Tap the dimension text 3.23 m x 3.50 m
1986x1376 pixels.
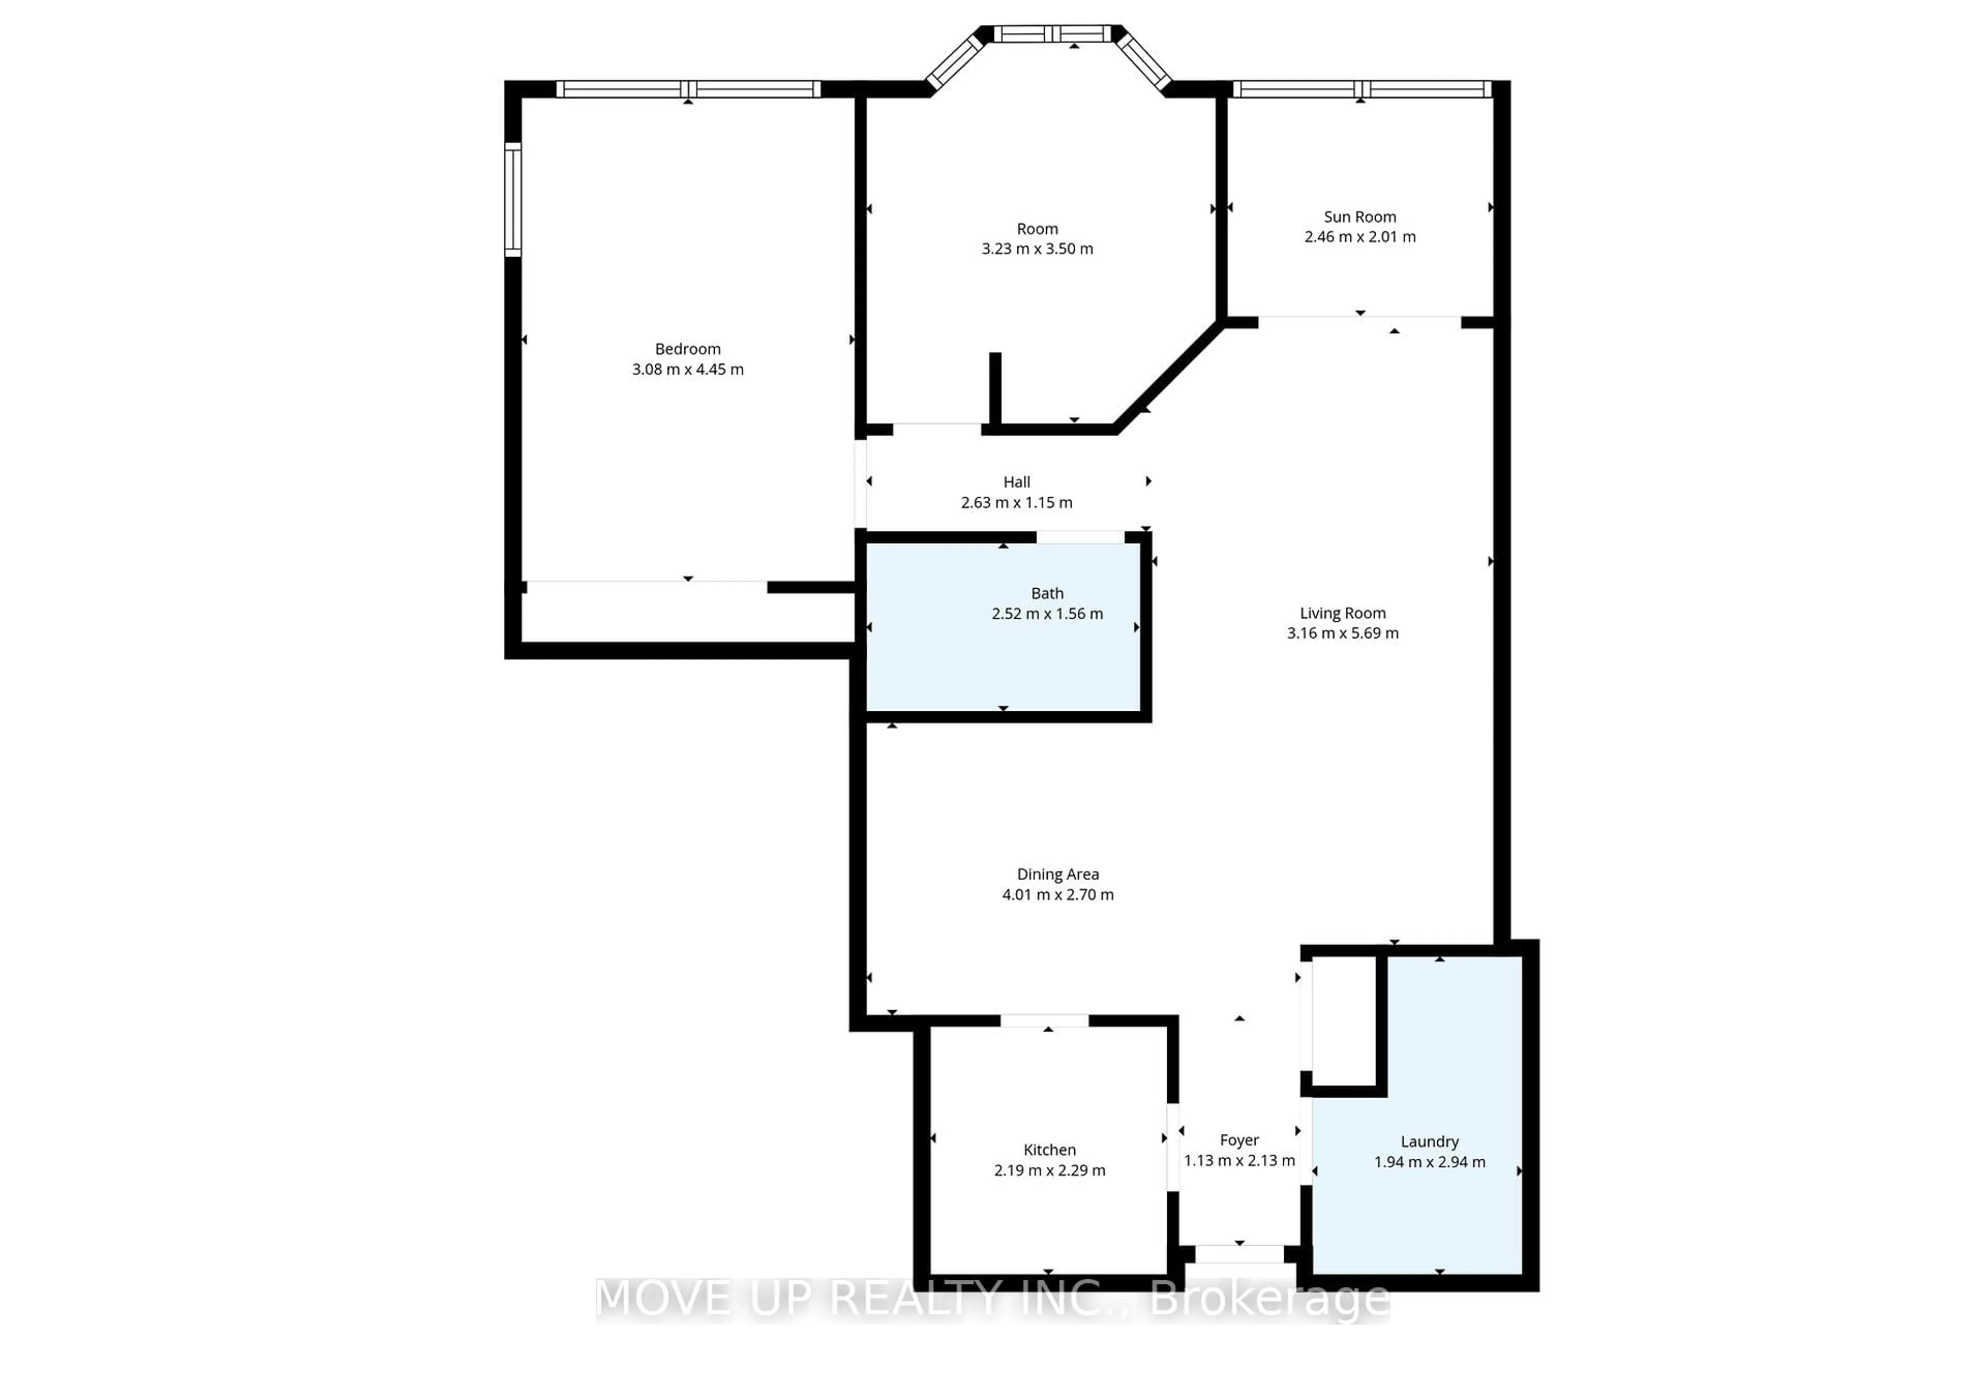coord(1037,248)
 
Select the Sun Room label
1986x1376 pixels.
coord(1359,216)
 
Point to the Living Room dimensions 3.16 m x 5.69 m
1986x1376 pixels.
coord(1342,633)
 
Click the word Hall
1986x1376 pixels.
coord(1016,482)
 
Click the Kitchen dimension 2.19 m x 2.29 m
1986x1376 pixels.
coord(1049,1170)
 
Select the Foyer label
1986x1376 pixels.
coord(1239,1140)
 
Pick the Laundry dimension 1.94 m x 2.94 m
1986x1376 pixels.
coord(1429,1161)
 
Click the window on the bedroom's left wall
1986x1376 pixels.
coord(513,199)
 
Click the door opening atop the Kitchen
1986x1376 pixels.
coord(1044,1021)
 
